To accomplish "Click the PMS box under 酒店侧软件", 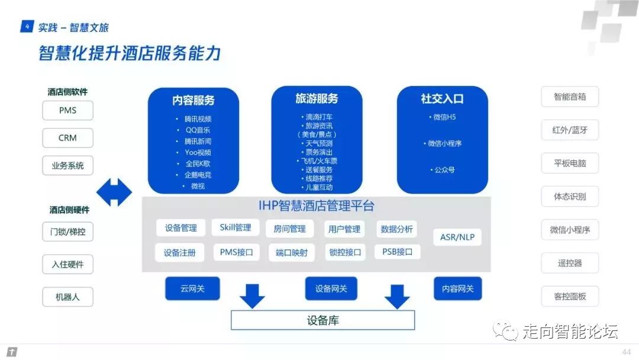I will click(67, 110).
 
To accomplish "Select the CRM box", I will click(67, 138).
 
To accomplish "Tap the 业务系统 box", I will click(67, 166).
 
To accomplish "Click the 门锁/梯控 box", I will click(67, 232).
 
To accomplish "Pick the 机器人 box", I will click(67, 297).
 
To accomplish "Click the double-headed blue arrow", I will click(114, 192).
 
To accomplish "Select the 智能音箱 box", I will click(570, 97).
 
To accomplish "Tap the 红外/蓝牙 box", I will click(570, 130).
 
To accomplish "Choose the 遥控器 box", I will click(570, 263).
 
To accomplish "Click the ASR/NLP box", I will click(457, 237).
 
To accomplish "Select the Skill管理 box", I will click(235, 227).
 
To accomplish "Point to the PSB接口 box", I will click(397, 252).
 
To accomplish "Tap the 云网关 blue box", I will click(192, 288).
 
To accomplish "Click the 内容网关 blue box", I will click(457, 288).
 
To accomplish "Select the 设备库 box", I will click(322, 320).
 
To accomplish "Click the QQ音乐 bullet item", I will click(198, 130).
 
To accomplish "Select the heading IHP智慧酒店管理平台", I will click(317, 206).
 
